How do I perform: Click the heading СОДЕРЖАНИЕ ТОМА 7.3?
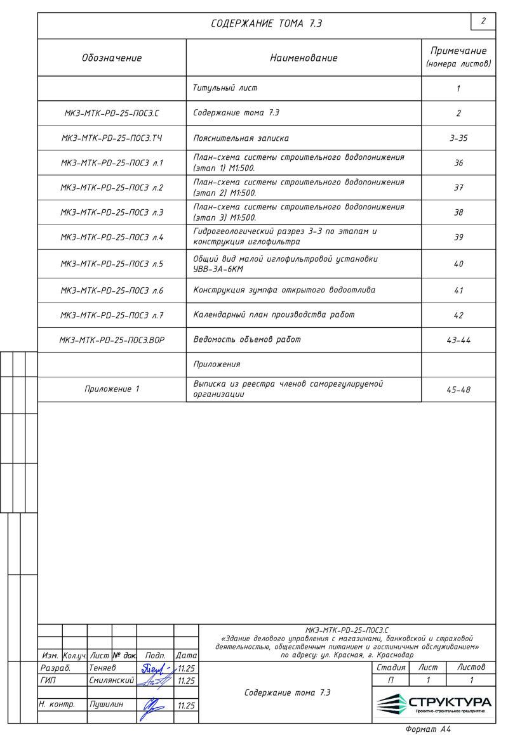click(267, 24)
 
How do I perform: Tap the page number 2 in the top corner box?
click(483, 21)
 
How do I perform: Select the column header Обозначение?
click(112, 58)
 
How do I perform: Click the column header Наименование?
click(304, 58)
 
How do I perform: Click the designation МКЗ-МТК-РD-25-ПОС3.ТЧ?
click(112, 138)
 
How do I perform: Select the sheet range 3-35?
click(458, 138)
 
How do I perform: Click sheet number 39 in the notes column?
click(458, 237)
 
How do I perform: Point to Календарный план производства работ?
click(274, 315)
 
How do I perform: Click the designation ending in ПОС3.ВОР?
click(112, 340)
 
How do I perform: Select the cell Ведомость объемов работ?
click(247, 340)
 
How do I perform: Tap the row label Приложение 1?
click(112, 389)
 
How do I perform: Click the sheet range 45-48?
click(458, 389)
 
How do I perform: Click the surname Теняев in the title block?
click(103, 668)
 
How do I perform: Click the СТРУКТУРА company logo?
click(434, 704)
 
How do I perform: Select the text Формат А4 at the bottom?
click(428, 729)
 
